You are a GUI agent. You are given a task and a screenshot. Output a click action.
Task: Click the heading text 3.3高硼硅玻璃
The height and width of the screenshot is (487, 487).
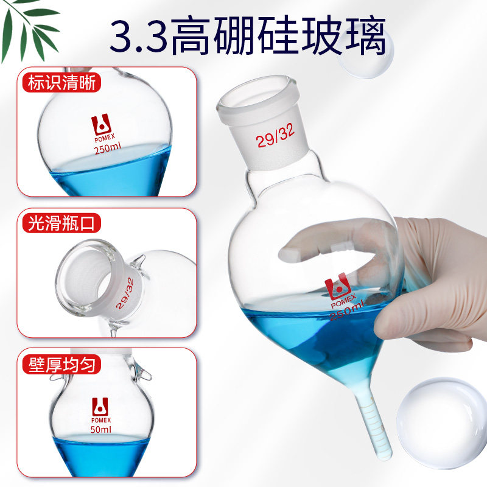(248, 36)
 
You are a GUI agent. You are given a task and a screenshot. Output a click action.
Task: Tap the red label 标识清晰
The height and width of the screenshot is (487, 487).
(62, 83)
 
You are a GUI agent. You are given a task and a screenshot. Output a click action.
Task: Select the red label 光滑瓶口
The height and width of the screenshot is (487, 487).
(62, 223)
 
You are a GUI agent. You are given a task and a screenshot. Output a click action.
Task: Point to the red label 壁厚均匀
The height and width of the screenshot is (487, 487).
(62, 364)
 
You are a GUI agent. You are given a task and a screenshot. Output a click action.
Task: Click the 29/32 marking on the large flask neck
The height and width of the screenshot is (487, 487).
(275, 137)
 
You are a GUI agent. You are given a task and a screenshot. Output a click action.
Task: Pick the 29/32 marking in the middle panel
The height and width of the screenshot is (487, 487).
(125, 293)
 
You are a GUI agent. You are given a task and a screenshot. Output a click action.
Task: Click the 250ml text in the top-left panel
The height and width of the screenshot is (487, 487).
(108, 148)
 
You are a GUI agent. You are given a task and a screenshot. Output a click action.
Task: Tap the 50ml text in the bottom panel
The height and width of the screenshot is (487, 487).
(100, 430)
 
